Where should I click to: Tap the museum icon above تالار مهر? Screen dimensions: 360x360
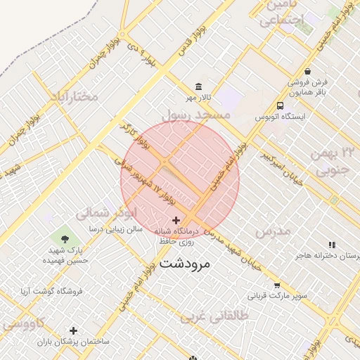click(199, 86)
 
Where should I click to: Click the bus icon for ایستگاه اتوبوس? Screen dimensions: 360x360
click(280, 105)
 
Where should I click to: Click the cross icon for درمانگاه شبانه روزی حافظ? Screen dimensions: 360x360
click(176, 221)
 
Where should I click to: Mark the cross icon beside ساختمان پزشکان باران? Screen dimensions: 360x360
click(72, 330)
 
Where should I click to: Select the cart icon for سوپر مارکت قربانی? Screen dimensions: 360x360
click(277, 285)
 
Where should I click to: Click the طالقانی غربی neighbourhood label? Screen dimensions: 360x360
click(214, 316)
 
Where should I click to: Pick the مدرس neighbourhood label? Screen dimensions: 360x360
click(272, 231)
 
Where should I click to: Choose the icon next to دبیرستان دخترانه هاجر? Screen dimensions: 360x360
click(332, 245)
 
